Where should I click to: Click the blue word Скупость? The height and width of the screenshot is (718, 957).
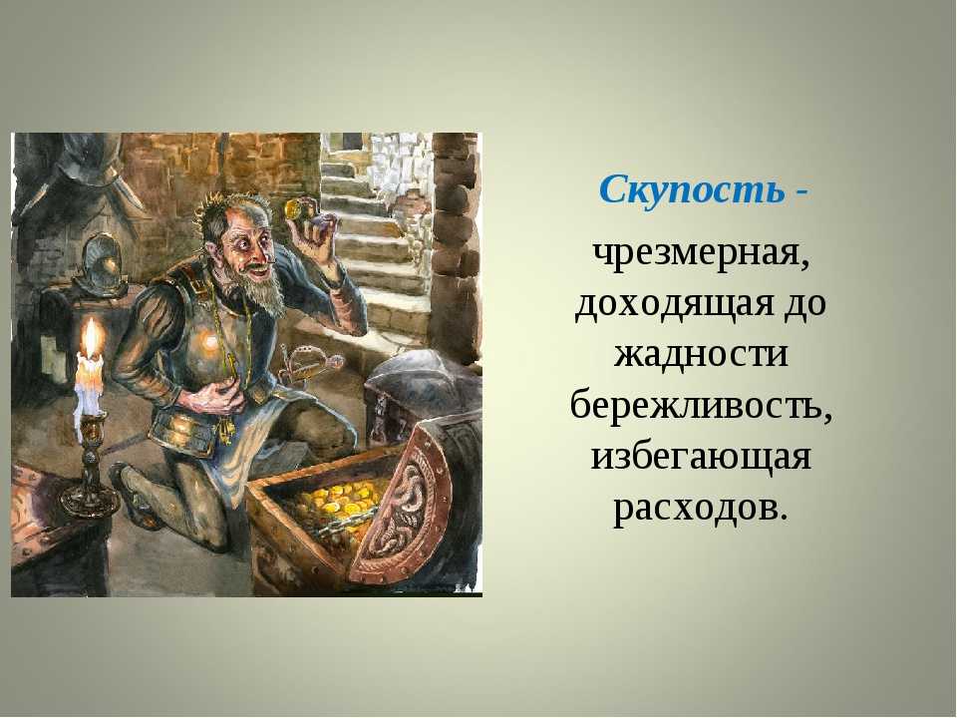(x=692, y=189)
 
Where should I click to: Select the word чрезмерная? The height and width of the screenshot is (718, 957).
(x=702, y=254)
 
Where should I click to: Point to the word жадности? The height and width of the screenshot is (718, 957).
(x=701, y=354)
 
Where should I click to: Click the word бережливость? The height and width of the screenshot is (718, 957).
(x=701, y=404)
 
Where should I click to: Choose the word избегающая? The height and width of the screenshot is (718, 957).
(x=701, y=456)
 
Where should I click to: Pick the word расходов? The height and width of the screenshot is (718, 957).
(x=697, y=507)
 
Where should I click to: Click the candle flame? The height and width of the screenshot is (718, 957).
(x=92, y=339)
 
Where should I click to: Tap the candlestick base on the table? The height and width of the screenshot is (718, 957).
(x=89, y=502)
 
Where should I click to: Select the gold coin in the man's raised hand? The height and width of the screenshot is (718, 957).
(x=294, y=208)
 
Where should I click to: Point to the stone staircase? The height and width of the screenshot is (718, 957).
(x=379, y=244)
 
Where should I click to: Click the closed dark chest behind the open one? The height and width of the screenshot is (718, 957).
(x=421, y=385)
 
